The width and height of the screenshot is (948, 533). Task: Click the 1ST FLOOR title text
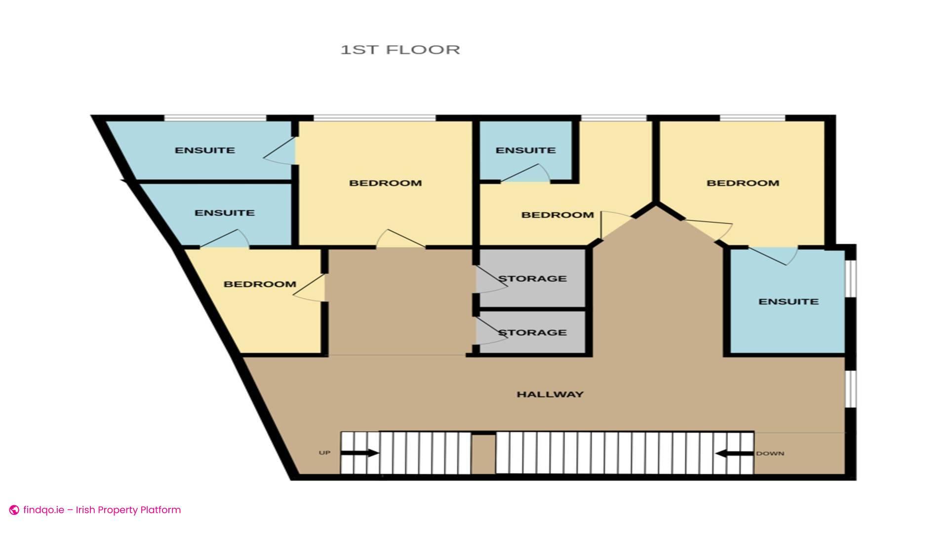pos(400,50)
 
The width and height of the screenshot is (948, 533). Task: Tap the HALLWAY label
pos(550,394)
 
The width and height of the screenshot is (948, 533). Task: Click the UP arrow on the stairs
pos(360,453)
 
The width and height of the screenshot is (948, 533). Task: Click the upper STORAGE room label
pos(532,279)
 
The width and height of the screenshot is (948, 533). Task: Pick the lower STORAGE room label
pos(532,333)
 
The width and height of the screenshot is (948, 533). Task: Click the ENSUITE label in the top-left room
pos(205,150)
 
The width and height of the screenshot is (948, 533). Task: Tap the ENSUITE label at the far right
pos(788,302)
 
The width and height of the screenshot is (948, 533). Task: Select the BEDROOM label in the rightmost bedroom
pos(743,183)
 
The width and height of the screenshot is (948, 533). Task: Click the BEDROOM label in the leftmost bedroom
pos(260,284)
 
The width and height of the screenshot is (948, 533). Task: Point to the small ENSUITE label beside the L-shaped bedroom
pos(525,150)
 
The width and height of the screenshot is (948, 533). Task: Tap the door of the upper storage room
pos(490,280)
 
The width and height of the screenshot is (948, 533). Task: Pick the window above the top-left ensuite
pos(215,118)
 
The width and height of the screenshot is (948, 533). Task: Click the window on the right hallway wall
pos(852,390)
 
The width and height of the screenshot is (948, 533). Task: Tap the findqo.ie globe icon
pos(14,510)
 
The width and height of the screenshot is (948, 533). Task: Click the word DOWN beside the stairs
pos(770,454)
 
